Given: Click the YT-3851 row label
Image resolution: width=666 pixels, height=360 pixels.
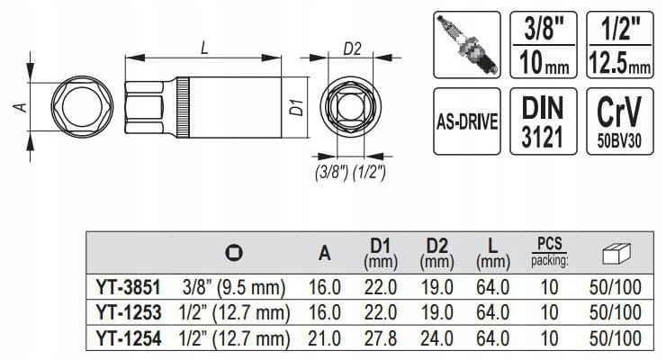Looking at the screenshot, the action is point(129,287).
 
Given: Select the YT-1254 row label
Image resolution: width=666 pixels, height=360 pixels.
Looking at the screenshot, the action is point(129,338).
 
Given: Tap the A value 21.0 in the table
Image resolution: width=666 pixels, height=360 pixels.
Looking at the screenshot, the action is point(325,338).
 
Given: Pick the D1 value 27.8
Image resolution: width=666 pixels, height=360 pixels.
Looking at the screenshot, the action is point(380,338).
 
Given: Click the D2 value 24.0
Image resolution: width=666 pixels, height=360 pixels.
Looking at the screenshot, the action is point(436,338).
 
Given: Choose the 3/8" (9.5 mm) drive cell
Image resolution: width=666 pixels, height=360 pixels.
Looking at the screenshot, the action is point(234,287).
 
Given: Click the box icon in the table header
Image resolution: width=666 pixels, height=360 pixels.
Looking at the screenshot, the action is point(616,254).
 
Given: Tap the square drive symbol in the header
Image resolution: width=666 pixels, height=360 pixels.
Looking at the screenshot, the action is point(234,253).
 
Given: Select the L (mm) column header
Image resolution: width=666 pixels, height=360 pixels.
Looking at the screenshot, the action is point(492,254).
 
